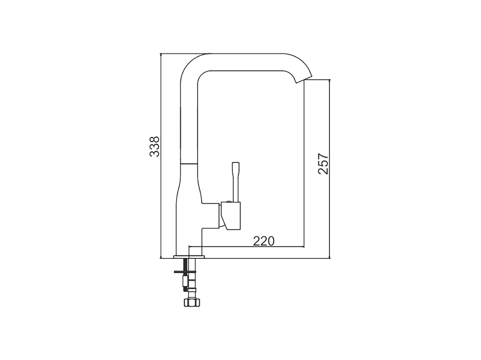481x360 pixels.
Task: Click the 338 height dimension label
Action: tap(155, 146)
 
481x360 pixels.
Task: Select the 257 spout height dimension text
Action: tap(323, 163)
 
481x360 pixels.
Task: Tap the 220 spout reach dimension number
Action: tap(263, 241)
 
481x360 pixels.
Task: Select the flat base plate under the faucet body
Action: tap(189, 257)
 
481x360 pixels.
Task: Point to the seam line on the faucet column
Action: tap(189, 163)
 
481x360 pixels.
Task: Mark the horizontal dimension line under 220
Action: tap(246, 246)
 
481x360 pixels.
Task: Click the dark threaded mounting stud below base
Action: tap(185, 267)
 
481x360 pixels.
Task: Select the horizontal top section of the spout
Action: tap(246, 62)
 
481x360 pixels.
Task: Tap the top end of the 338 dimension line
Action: tap(161, 54)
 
